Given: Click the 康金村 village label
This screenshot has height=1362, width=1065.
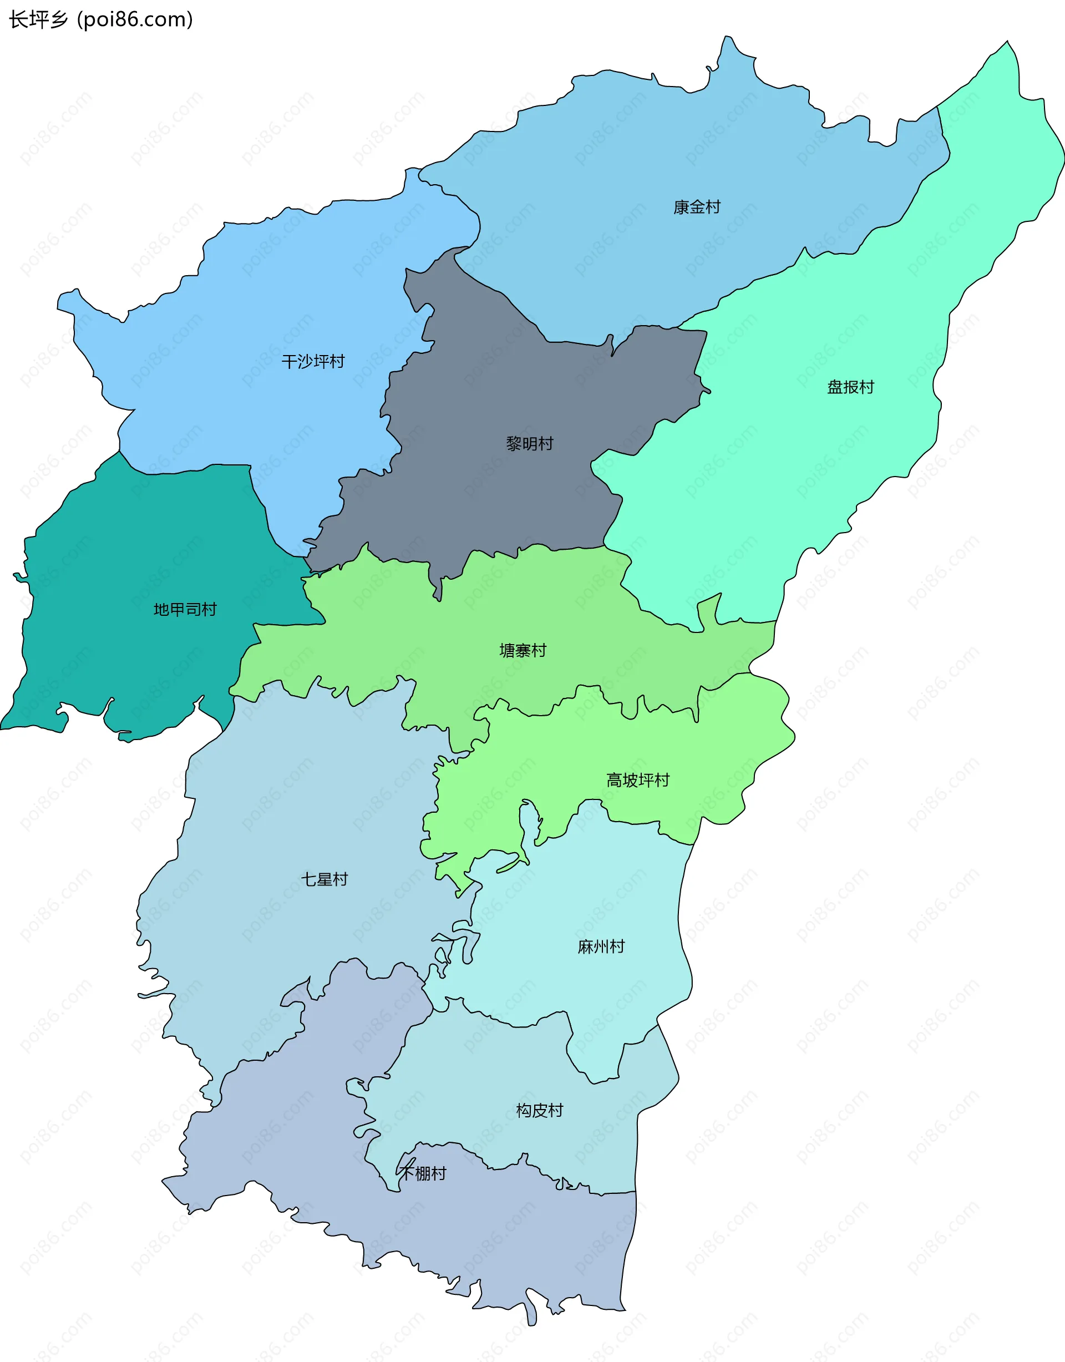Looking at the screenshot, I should (x=697, y=207).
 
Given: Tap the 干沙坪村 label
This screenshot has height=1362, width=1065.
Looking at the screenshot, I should (x=312, y=362).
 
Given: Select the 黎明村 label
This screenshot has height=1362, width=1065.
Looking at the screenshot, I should (x=529, y=444).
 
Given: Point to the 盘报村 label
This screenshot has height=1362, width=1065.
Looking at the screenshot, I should (x=850, y=387).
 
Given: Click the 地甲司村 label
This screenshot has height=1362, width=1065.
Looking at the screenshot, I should (x=185, y=609).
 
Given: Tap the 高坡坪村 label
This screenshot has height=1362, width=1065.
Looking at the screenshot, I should (x=637, y=780).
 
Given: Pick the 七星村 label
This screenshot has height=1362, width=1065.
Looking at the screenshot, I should (x=324, y=879).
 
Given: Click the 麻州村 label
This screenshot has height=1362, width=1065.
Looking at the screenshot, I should (x=601, y=946).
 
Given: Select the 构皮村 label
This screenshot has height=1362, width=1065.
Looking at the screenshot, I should (x=539, y=1110).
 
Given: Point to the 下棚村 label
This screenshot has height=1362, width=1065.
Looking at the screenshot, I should (x=423, y=1174).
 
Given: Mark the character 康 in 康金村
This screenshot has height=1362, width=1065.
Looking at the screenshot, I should (x=681, y=207).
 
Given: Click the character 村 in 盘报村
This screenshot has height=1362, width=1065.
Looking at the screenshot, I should (x=866, y=387).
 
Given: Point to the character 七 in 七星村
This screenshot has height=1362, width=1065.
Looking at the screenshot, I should (x=308, y=879).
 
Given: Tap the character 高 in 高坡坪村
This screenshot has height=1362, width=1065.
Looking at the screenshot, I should (x=614, y=780).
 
